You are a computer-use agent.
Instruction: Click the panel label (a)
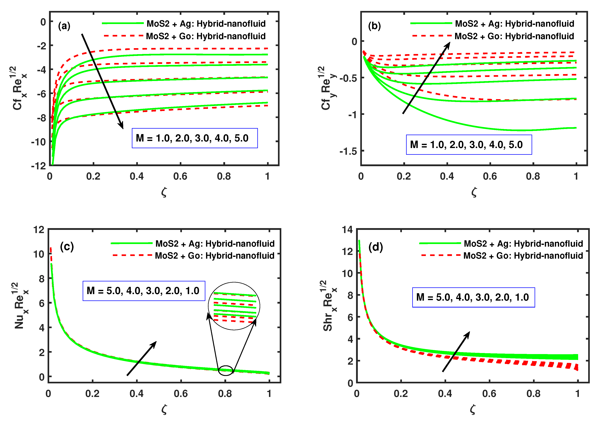64,26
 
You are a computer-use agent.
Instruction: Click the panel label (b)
374,26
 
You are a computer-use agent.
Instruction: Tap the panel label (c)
67,246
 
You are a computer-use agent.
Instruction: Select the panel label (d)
375,247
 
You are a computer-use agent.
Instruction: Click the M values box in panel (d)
473,297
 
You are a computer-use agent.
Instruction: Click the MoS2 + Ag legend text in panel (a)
206,24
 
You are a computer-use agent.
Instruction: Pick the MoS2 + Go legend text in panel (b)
514,36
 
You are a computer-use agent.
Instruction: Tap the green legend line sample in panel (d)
440,243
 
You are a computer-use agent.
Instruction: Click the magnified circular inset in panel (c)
234,306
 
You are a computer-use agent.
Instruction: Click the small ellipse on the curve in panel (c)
225,370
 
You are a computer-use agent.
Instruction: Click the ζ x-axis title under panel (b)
474,192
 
